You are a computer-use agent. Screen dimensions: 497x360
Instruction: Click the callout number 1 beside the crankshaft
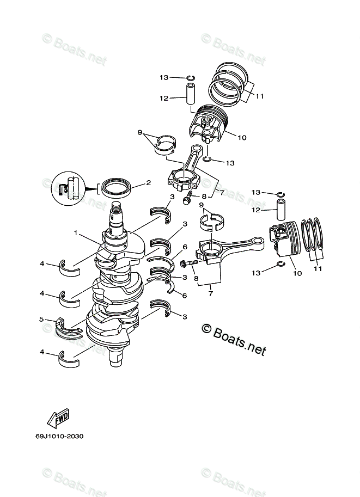[x=77, y=232]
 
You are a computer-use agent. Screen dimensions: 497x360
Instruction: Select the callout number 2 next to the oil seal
[x=148, y=183]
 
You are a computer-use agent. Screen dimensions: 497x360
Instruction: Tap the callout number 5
[x=41, y=319]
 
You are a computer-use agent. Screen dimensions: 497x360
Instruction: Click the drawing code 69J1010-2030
[x=60, y=436]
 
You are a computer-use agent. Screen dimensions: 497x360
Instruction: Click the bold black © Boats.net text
[x=233, y=341]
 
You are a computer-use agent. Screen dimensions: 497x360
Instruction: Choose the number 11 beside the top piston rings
[x=259, y=97]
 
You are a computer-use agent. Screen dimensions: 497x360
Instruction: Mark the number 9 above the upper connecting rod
[x=140, y=133]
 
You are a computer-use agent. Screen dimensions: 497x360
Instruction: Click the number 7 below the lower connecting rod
[x=210, y=294]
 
